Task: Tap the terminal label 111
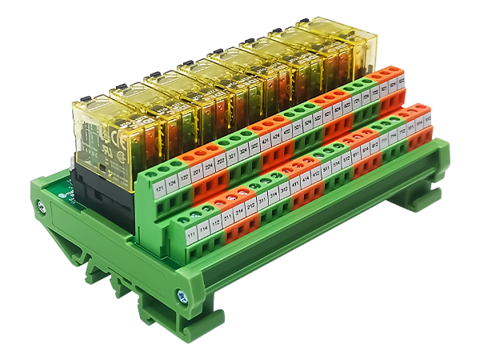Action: pyautogui.click(x=192, y=237)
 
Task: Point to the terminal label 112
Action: pyautogui.click(x=216, y=223)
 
